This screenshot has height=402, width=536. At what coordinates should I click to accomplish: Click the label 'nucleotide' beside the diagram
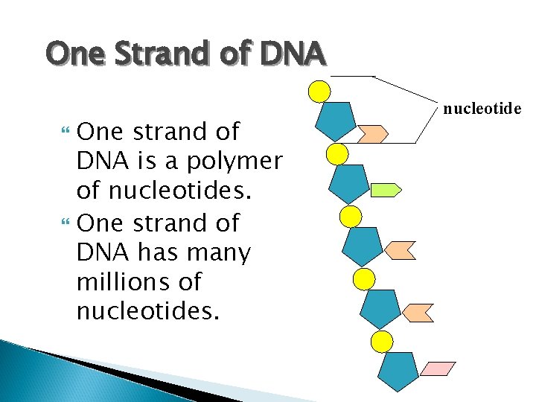point(482,109)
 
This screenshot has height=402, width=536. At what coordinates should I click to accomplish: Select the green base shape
point(386,190)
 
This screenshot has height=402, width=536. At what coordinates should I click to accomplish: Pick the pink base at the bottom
point(438,368)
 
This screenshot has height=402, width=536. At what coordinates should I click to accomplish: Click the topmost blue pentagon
point(335,120)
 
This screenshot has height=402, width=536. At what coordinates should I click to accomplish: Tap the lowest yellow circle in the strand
point(382,342)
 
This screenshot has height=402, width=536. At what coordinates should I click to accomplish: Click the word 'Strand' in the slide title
point(173,54)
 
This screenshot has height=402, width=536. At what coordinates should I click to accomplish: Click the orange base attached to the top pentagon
point(372,134)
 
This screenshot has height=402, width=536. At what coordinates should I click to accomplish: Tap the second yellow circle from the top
point(337,154)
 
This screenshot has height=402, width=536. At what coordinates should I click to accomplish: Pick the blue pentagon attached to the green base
point(348,183)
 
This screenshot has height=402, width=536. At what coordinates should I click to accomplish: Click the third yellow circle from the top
point(350,217)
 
